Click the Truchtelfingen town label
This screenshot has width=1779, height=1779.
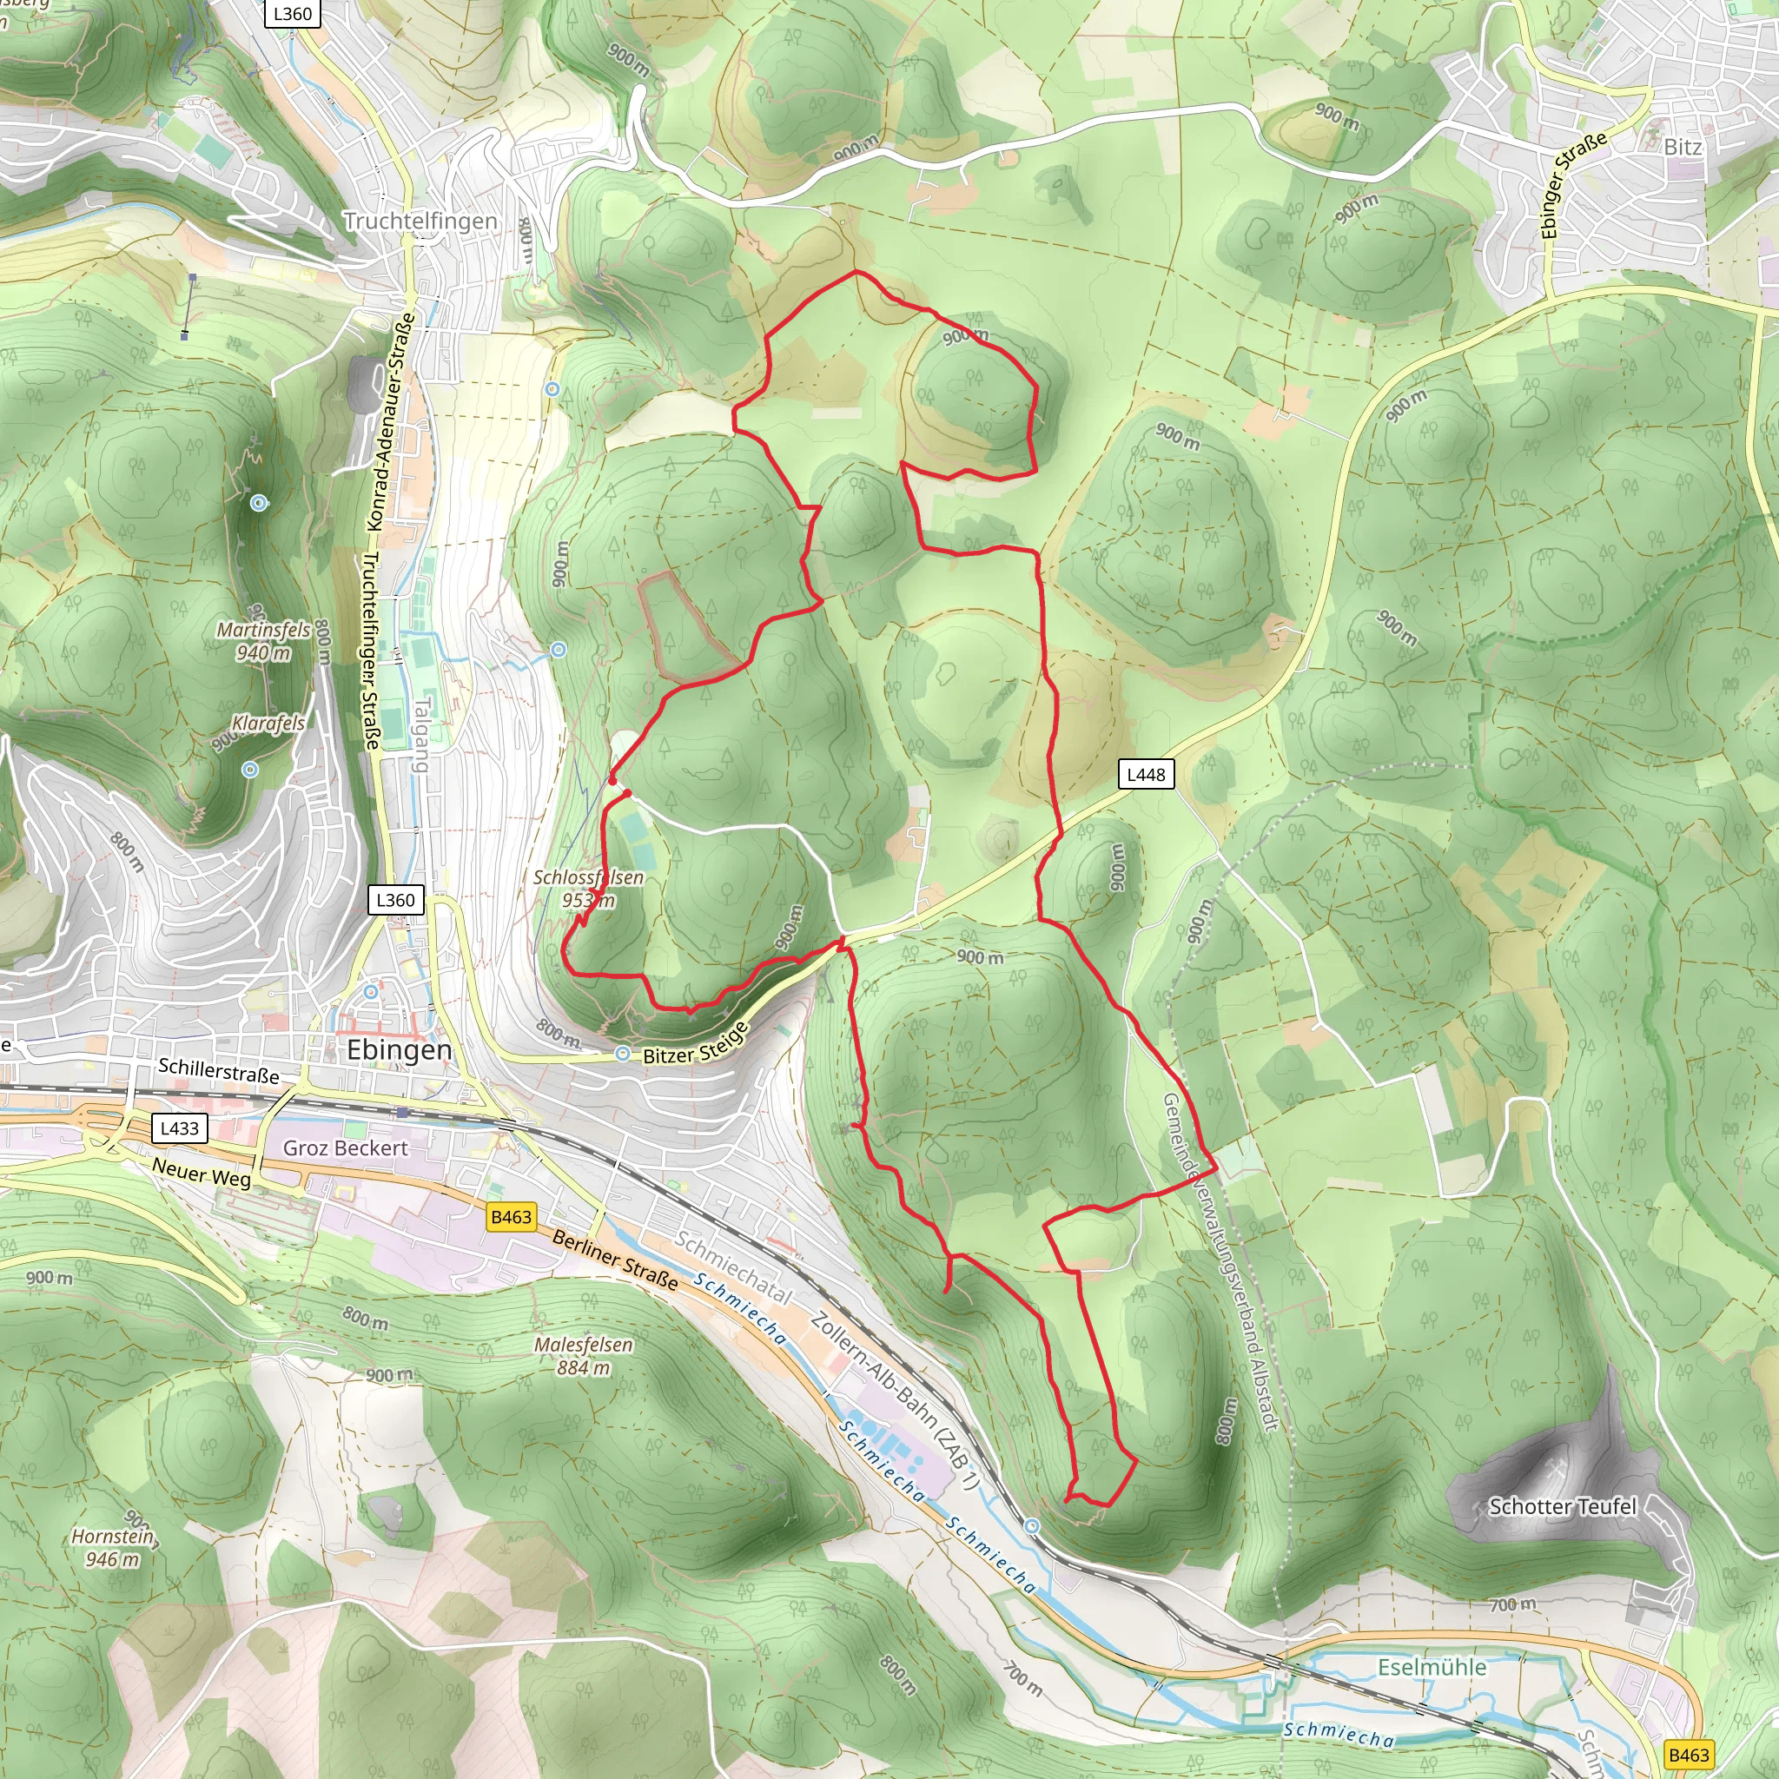point(420,221)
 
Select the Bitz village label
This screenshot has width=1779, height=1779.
point(1683,147)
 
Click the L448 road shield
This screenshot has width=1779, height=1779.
point(1146,774)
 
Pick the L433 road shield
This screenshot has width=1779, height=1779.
point(179,1128)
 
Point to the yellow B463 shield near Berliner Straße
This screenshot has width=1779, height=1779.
point(511,1217)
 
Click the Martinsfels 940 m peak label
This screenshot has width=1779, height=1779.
point(263,641)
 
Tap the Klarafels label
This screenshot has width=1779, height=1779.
point(268,724)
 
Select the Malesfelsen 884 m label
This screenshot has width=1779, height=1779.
point(584,1355)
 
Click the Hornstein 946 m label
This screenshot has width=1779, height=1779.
point(112,1547)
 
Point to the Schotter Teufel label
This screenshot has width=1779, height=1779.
point(1563,1506)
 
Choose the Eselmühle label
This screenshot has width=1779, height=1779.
point(1432,1667)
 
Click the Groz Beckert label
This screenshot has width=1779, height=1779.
point(346,1148)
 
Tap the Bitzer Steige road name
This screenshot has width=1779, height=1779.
point(695,1044)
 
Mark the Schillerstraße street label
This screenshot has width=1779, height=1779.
point(218,1070)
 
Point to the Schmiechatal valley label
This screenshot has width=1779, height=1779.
point(733,1267)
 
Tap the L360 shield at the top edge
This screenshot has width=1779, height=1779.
point(292,14)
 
